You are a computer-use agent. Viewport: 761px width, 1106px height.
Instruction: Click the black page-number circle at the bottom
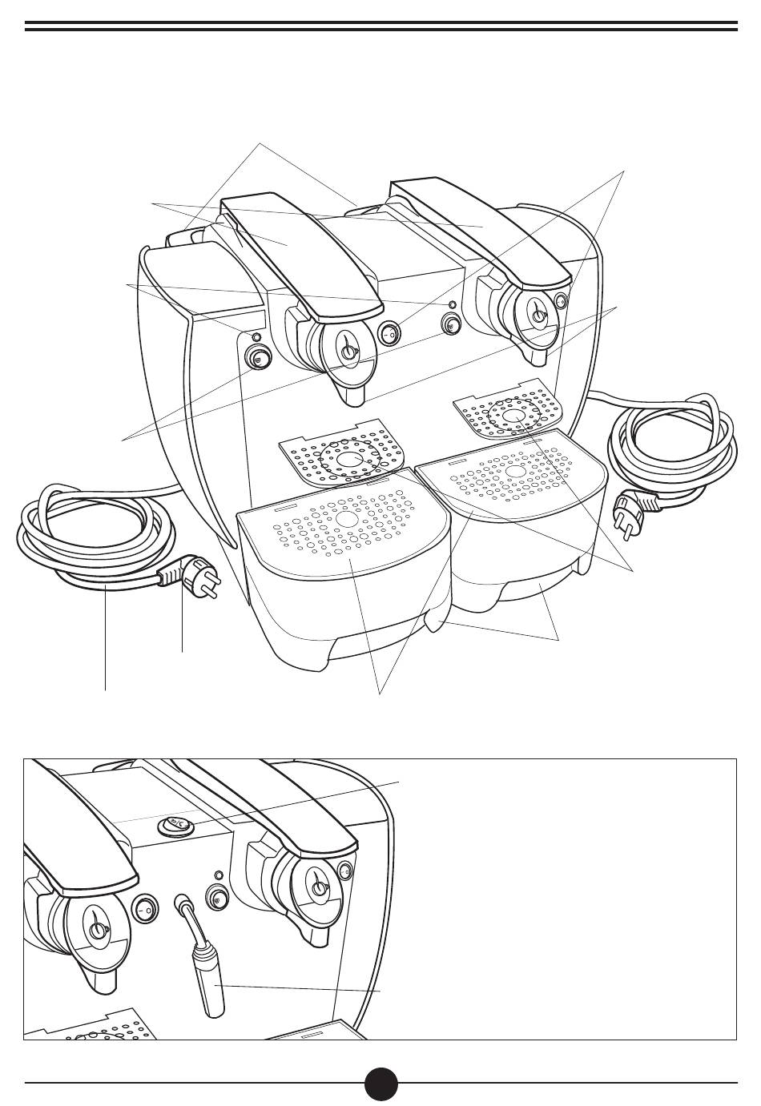pyautogui.click(x=380, y=1084)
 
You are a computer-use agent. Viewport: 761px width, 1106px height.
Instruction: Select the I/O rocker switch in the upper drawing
pyautogui.click(x=389, y=333)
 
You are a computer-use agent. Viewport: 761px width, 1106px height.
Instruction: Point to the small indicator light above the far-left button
pyautogui.click(x=256, y=336)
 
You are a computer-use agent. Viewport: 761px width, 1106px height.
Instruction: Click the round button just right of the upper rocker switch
pyautogui.click(x=451, y=324)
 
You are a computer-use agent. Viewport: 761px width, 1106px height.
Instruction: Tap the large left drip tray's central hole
pyautogui.click(x=347, y=519)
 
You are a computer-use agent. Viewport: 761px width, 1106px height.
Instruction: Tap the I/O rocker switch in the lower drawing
pyautogui.click(x=145, y=911)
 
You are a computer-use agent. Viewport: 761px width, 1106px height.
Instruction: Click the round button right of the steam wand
pyautogui.click(x=217, y=898)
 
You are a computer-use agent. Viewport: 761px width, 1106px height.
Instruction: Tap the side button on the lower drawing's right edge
pyautogui.click(x=345, y=871)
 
